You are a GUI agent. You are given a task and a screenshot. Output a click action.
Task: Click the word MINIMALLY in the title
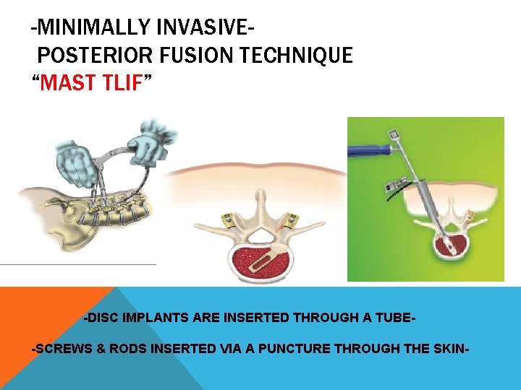87,28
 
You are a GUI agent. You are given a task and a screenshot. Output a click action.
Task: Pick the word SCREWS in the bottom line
62,349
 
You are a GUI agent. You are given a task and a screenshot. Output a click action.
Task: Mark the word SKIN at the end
451,349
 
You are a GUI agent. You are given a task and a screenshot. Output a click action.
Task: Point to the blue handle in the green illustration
369,151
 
